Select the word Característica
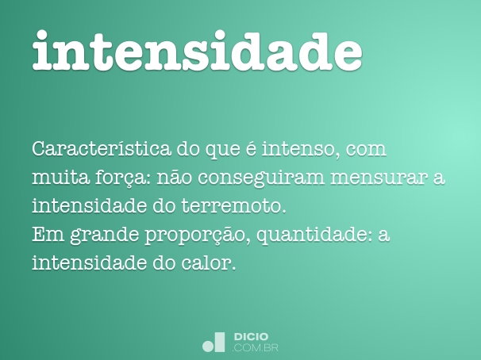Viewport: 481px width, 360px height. point(94,149)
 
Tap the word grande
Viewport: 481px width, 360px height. point(101,236)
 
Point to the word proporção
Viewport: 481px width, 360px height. point(199,236)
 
